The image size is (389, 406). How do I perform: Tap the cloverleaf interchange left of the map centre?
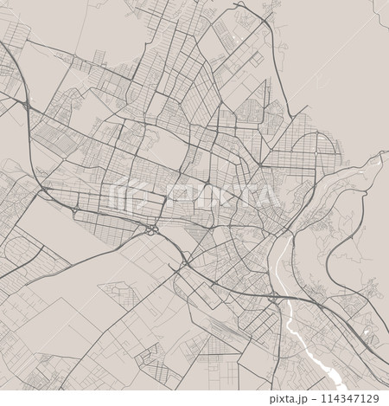[151, 229]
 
